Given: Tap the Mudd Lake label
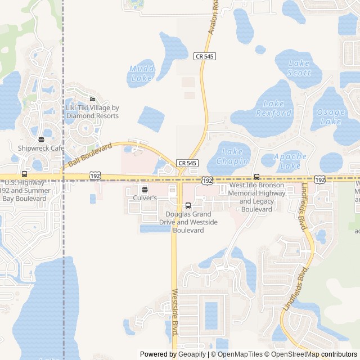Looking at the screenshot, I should (141, 73).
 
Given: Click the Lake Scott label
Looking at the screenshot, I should (299, 68).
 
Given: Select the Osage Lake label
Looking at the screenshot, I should (330, 116).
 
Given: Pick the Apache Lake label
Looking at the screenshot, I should (291, 161).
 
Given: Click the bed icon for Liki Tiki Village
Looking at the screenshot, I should (93, 99).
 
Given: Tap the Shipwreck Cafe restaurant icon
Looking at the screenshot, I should (41, 139).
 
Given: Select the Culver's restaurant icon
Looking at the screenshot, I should (145, 190).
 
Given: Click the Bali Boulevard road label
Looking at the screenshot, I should (90, 155).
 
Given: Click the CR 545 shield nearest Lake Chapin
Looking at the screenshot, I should (188, 163).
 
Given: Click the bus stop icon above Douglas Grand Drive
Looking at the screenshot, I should (188, 205).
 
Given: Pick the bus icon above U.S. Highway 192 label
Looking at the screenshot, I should (24, 174).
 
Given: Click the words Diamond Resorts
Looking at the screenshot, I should (93, 116).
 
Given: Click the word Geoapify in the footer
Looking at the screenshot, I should (192, 354).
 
